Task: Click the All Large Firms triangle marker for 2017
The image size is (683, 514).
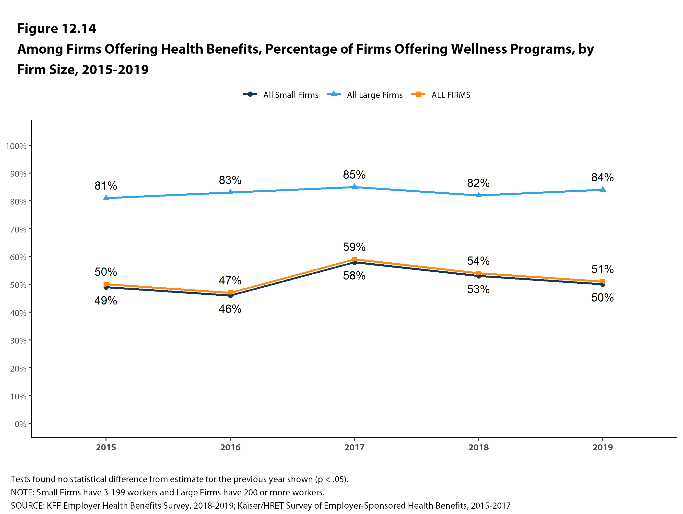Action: click(x=354, y=187)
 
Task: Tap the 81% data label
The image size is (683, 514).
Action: click(x=106, y=186)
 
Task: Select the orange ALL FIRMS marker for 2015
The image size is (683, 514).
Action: click(x=106, y=284)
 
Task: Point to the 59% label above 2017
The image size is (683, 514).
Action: click(x=354, y=247)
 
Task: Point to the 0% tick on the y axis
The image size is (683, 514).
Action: click(x=20, y=424)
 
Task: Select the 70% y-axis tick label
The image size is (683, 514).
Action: click(x=18, y=229)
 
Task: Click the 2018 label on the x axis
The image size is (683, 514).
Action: click(x=478, y=447)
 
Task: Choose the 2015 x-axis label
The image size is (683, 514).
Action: click(x=106, y=447)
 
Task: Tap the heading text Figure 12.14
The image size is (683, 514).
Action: click(x=57, y=28)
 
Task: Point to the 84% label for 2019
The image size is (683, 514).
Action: click(x=602, y=177)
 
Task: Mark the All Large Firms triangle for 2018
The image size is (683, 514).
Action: click(x=479, y=195)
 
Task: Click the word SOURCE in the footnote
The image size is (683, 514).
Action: click(x=27, y=506)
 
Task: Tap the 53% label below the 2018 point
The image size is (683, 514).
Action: click(x=478, y=290)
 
